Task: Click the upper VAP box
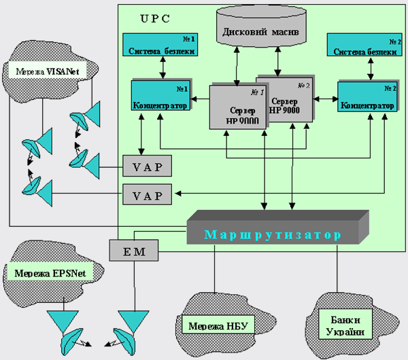coord(147,165)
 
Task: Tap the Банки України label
coord(345,325)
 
